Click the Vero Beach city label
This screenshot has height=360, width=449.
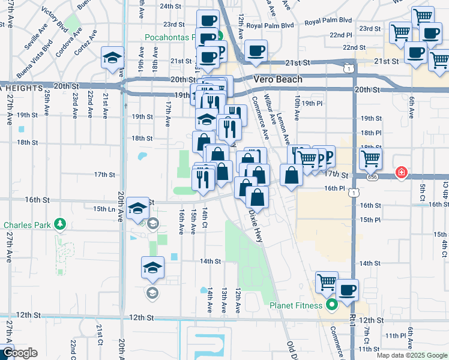click(x=278, y=79)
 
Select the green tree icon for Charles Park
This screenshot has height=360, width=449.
click(x=59, y=225)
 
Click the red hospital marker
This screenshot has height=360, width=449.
click(x=401, y=174)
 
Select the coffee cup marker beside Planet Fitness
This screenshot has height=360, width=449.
click(x=347, y=291)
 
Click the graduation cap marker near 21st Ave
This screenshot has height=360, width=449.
click(x=112, y=58)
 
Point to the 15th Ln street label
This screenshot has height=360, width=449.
click(x=104, y=208)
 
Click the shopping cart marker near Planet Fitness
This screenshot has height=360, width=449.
click(x=327, y=282)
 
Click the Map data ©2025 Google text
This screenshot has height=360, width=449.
click(x=411, y=355)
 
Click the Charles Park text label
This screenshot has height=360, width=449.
click(x=28, y=226)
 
